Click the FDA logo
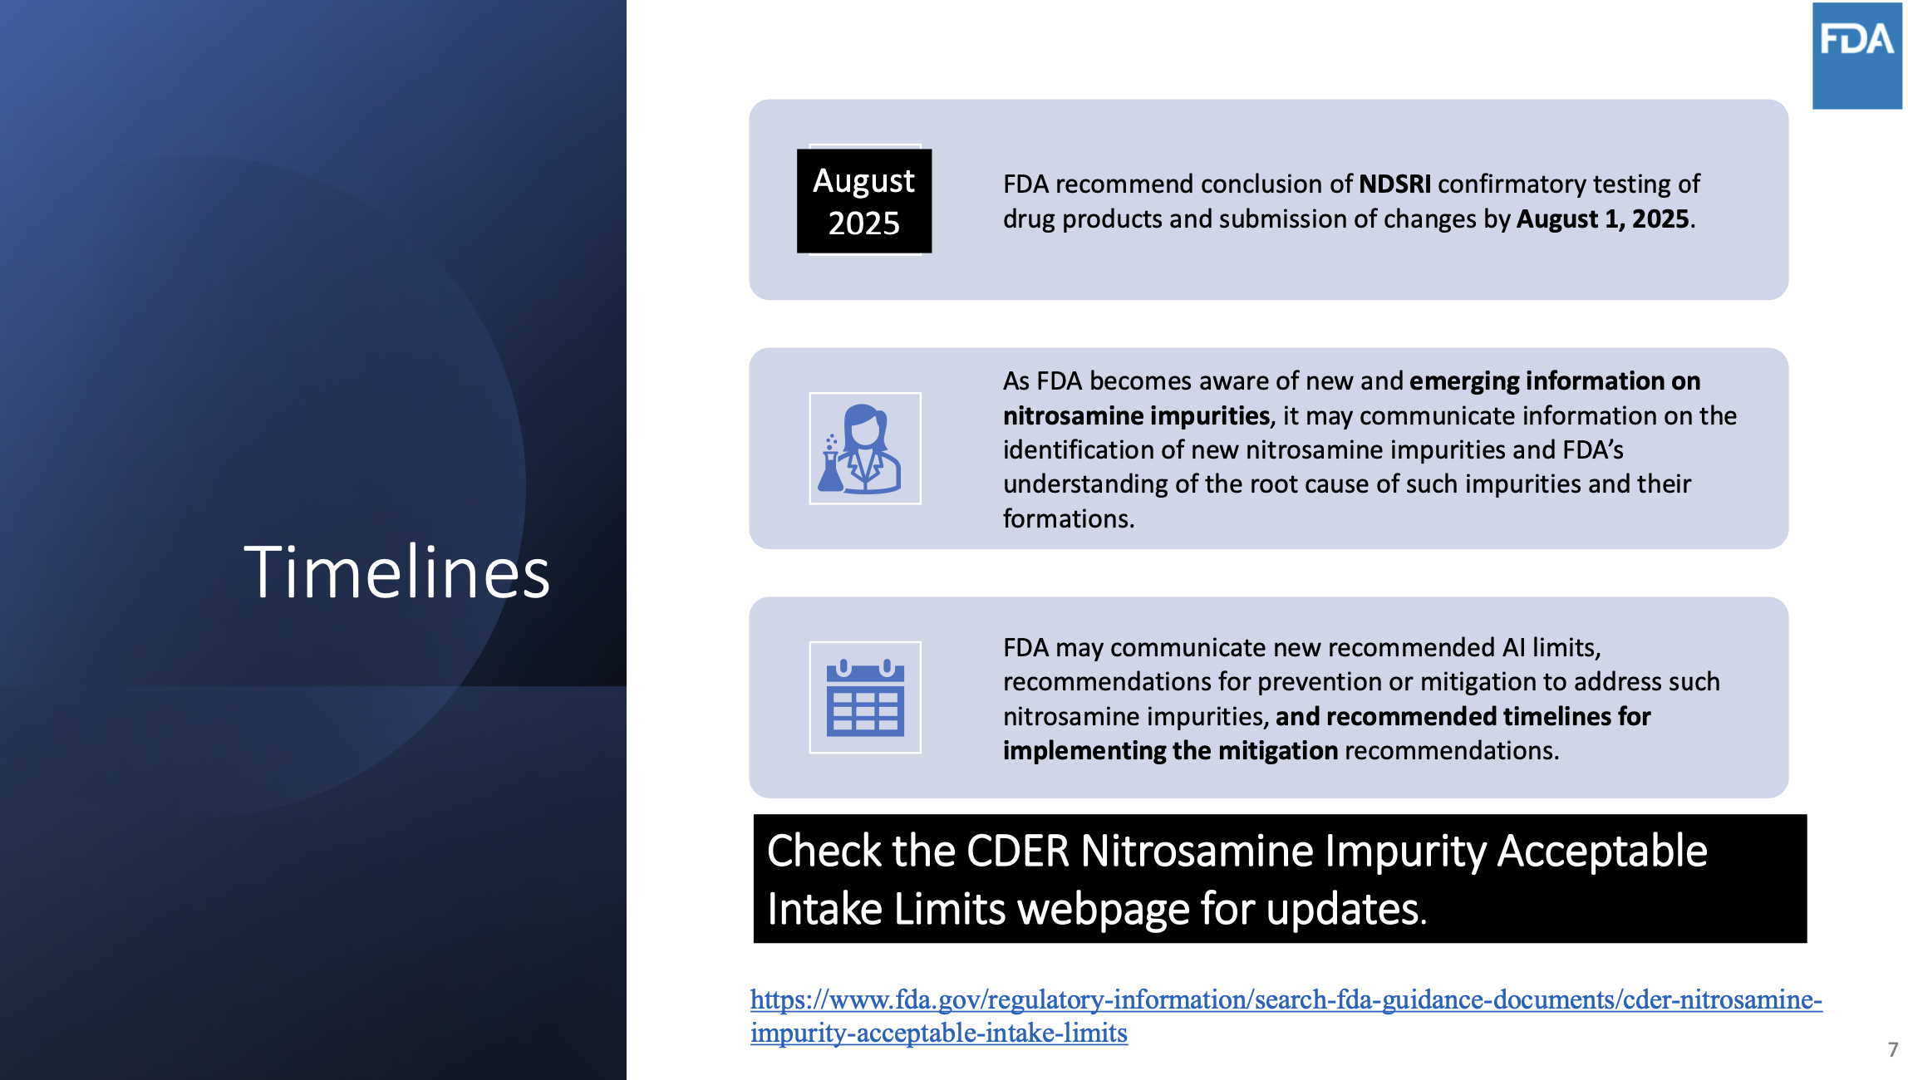(x=1857, y=55)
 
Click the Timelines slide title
(x=397, y=572)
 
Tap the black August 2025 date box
(x=864, y=201)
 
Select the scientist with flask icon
(x=865, y=449)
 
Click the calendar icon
(x=865, y=697)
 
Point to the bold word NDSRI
(x=1394, y=184)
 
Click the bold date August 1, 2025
(x=1603, y=218)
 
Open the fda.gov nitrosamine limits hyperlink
(x=1286, y=1015)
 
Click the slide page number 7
(x=1893, y=1049)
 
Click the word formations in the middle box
(x=1069, y=518)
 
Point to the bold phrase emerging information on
(x=1555, y=380)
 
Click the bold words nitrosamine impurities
(x=1137, y=415)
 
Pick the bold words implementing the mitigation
(x=1170, y=750)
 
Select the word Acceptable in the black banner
(x=1602, y=851)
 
